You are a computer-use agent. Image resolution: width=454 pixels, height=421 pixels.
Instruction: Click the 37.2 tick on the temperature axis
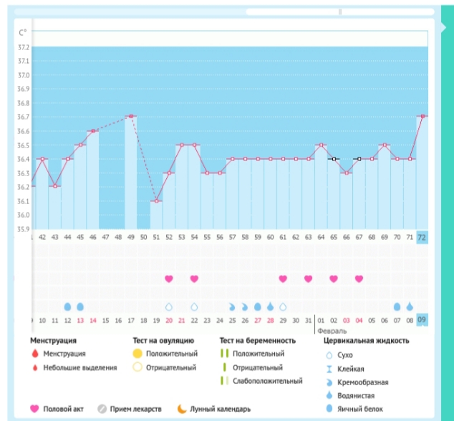click(x=24, y=47)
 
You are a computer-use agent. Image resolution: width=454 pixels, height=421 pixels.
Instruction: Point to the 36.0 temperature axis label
click(x=24, y=215)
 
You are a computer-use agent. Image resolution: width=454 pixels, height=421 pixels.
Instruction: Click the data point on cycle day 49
click(x=130, y=116)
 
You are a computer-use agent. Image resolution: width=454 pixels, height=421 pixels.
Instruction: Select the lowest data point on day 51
click(x=156, y=200)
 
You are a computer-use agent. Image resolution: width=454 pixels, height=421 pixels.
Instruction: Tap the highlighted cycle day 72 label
click(x=422, y=236)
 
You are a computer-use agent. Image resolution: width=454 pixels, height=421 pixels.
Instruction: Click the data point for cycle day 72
click(x=422, y=116)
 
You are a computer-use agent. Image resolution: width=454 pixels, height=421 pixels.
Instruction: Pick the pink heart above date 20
click(x=169, y=279)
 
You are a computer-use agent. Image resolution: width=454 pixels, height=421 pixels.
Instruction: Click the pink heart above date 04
click(x=359, y=279)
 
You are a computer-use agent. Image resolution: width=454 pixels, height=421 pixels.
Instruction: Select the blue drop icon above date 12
click(x=67, y=306)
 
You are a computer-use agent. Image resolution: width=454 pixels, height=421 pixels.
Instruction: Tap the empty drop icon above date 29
click(x=283, y=306)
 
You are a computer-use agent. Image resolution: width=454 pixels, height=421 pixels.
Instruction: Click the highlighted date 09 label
click(x=422, y=320)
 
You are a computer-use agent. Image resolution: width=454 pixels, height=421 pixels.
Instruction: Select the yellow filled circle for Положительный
click(x=137, y=354)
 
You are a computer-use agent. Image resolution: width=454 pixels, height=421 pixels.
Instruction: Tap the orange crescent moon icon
click(x=182, y=409)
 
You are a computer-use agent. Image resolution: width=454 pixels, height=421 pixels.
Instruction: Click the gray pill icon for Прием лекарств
click(x=102, y=409)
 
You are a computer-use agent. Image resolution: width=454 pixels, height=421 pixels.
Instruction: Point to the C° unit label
click(x=23, y=32)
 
